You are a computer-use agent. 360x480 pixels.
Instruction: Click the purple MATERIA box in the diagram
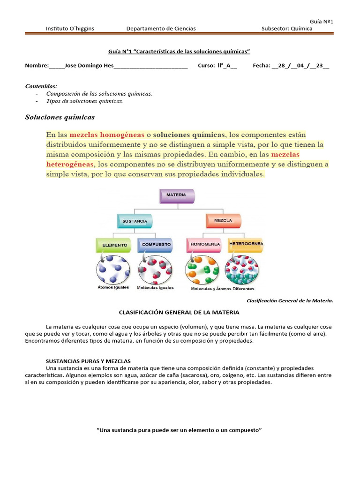coord(176,195)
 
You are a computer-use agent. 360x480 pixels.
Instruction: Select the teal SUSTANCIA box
coord(135,221)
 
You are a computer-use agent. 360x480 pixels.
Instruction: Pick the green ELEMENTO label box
coord(112,245)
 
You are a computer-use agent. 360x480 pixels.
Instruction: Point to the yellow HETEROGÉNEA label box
coord(246,245)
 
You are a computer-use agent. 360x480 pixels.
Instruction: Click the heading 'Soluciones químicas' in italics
coord(60,117)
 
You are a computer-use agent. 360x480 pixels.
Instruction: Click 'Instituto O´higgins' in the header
coord(70,29)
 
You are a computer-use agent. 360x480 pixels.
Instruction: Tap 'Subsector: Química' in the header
coord(286,29)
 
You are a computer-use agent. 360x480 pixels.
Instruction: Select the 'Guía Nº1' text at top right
coord(321,21)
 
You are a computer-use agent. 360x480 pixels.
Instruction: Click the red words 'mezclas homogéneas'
coord(107,135)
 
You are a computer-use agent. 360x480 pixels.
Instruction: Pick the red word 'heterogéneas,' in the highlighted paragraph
coord(70,165)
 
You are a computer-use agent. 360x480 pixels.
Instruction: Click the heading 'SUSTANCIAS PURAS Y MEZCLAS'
coord(88,361)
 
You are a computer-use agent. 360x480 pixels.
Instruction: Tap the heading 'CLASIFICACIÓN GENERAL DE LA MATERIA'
coord(179,312)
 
